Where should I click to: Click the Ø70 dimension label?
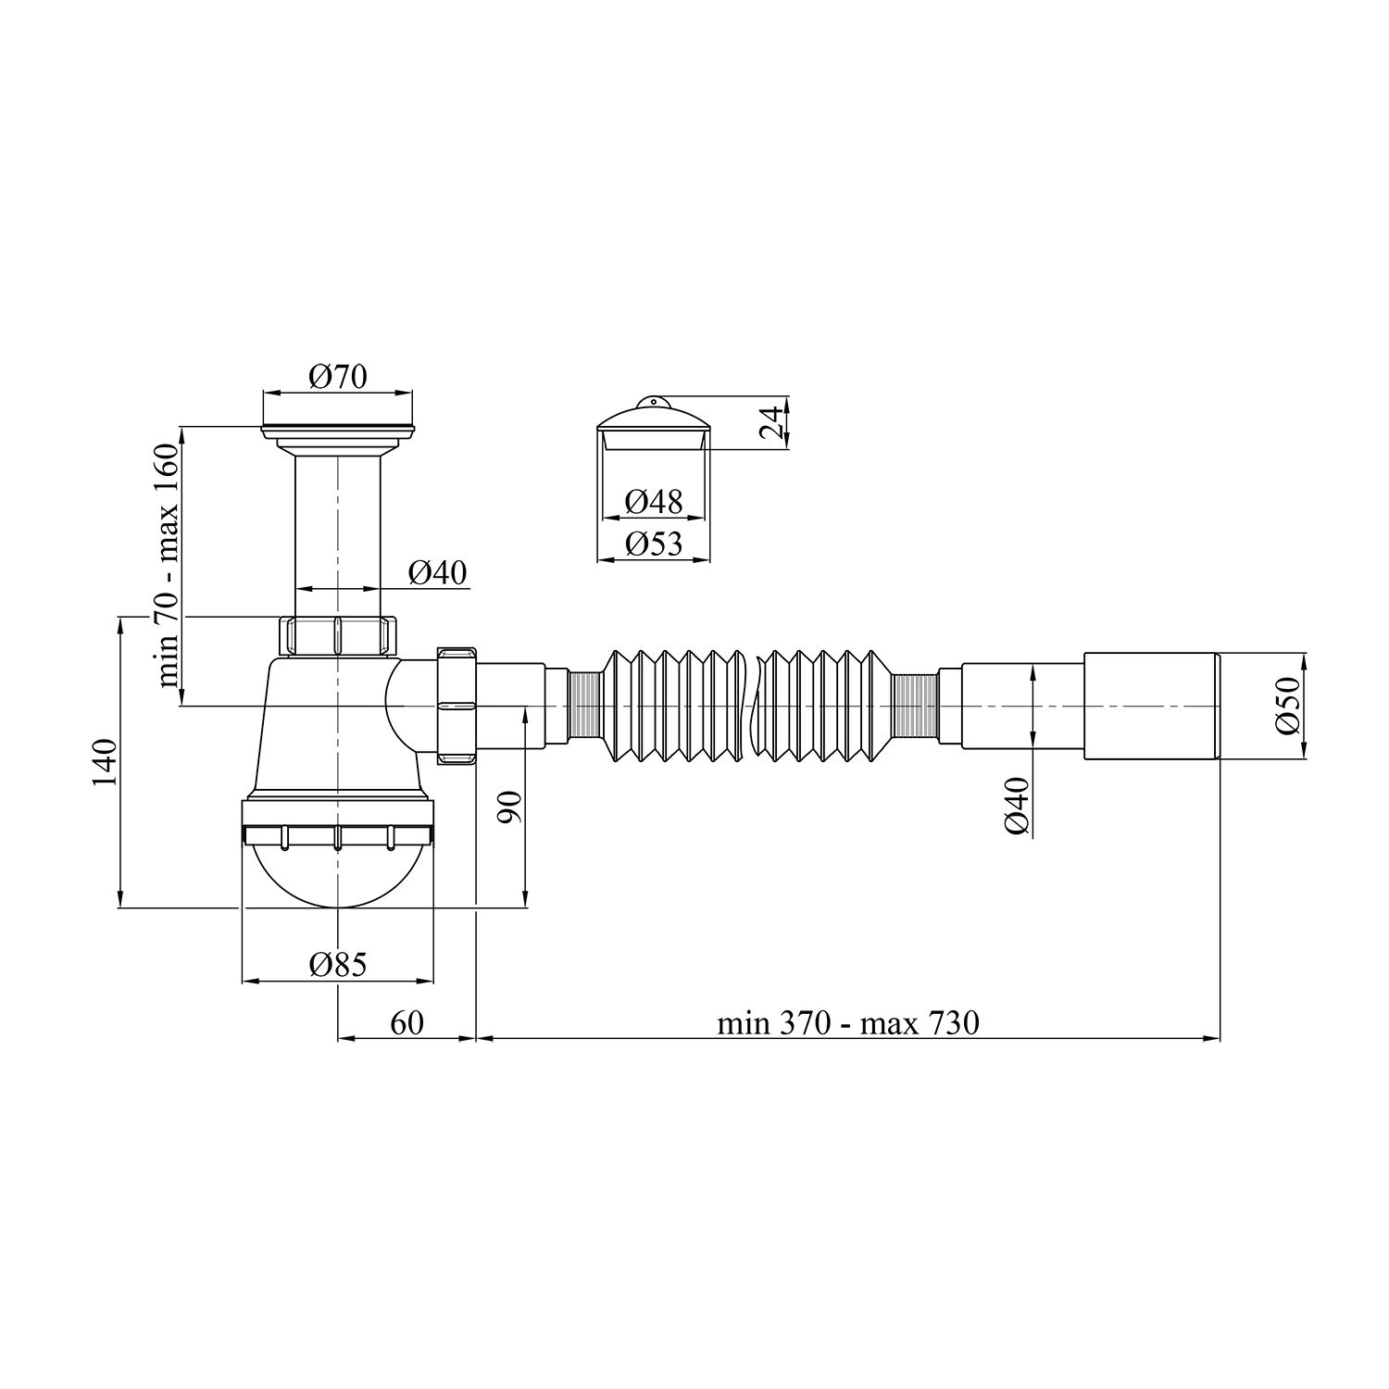pos(338,377)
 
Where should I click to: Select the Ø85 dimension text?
pos(338,965)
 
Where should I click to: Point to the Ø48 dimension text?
pos(653,502)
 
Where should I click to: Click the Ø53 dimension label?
pos(653,544)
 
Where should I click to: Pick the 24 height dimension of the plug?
pos(769,423)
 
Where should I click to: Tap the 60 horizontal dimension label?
pos(407,1022)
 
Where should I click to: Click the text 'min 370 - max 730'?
pos(847,1023)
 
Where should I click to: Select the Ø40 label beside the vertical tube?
pos(437,574)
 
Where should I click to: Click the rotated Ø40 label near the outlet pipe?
pos(1016,806)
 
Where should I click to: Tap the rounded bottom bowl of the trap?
pos(337,875)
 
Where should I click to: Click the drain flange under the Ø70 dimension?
pos(338,430)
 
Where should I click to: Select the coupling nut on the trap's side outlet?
pos(456,706)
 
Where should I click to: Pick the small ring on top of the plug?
pos(653,402)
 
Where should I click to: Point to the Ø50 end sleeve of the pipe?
pos(1152,707)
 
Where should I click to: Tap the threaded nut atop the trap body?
pos(337,636)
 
